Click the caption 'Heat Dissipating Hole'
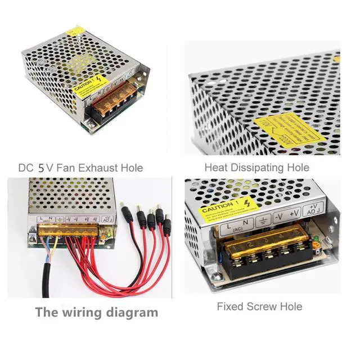click(256, 167)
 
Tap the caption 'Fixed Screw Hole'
click(259, 307)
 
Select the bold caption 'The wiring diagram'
click(97, 312)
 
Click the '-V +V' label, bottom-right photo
click(286, 215)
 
